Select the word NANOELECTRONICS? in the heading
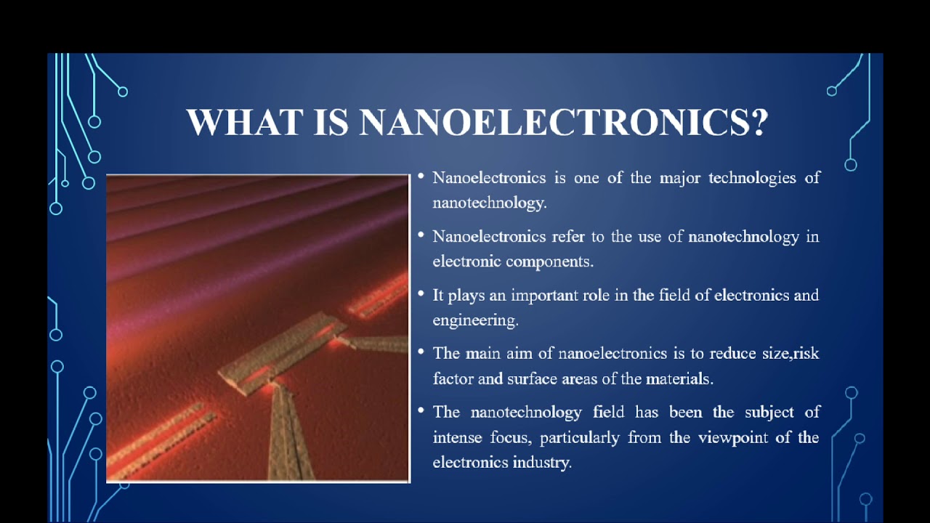point(564,122)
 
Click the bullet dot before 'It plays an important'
point(421,293)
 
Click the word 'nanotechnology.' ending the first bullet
point(489,203)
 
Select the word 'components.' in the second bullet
point(550,261)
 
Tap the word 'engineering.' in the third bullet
point(475,320)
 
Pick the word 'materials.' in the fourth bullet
point(679,378)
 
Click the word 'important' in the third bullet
point(543,295)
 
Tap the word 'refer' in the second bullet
point(567,236)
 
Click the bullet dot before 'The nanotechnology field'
point(421,410)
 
